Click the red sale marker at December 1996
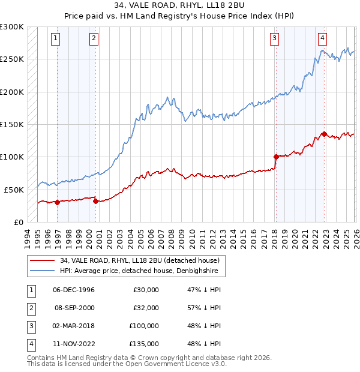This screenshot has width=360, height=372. [58, 202]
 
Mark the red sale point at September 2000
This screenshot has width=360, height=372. [96, 201]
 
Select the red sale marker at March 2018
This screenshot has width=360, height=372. [276, 157]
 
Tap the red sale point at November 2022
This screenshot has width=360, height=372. [324, 134]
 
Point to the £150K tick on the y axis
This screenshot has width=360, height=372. [12, 124]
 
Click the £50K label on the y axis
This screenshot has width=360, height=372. [14, 190]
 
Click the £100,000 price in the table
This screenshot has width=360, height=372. [144, 326]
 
